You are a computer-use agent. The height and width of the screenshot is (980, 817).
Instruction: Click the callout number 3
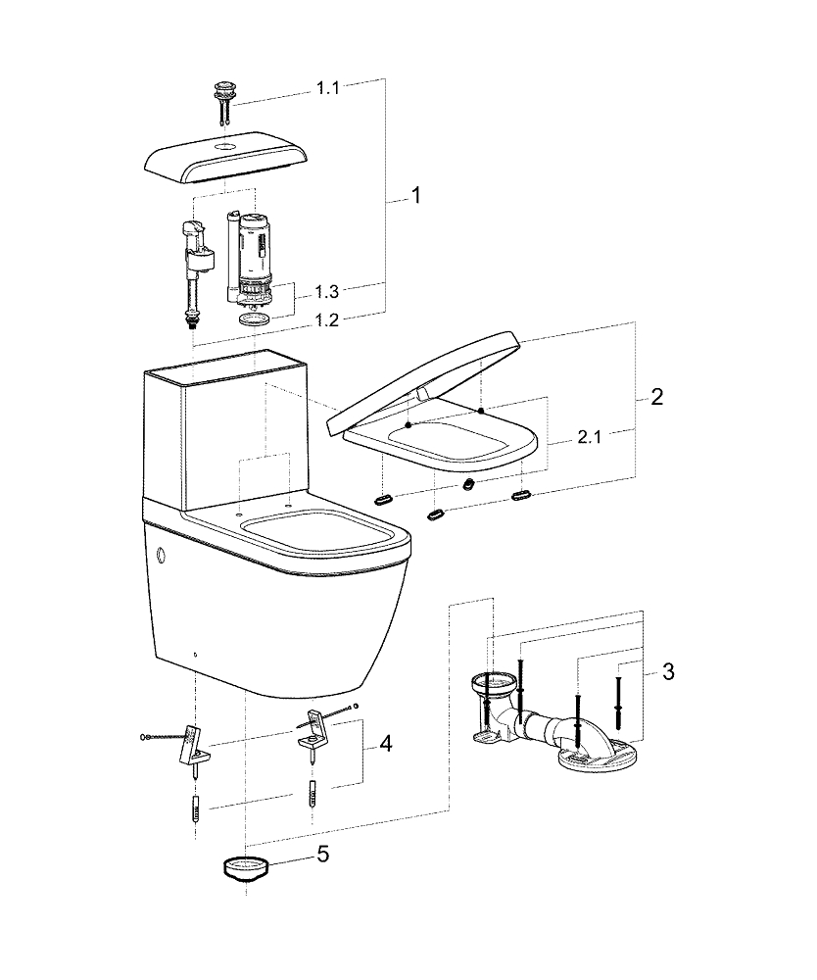pyautogui.click(x=668, y=671)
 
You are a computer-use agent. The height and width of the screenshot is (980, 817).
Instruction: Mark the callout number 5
pyautogui.click(x=322, y=855)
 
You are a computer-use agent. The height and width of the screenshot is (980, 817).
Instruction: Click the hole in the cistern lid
pyautogui.click(x=227, y=144)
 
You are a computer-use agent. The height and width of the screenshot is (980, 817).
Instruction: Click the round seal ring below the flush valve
pyautogui.click(x=254, y=318)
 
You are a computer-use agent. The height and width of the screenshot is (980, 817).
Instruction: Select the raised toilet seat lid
pyautogui.click(x=426, y=382)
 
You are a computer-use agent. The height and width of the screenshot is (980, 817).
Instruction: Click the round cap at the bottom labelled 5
pyautogui.click(x=244, y=867)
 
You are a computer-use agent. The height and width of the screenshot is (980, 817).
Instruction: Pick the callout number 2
pyautogui.click(x=656, y=397)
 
